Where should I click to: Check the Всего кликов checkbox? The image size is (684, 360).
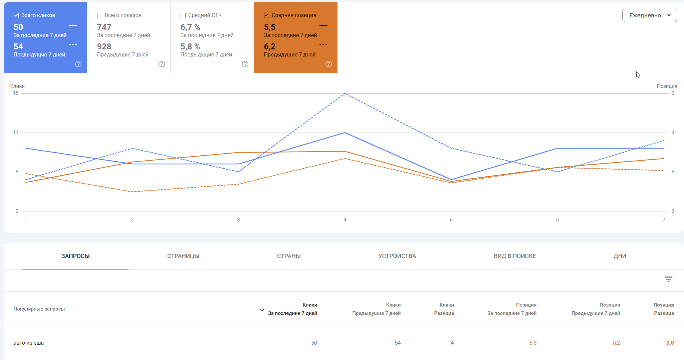click(16, 15)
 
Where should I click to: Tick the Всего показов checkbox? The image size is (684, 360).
click(99, 15)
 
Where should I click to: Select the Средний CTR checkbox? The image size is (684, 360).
click(183, 15)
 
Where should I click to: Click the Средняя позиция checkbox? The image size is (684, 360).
click(266, 15)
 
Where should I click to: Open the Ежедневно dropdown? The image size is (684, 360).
click(649, 15)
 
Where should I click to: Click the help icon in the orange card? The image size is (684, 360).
click(328, 64)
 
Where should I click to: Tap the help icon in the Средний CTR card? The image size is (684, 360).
click(245, 64)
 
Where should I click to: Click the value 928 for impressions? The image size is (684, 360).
click(104, 47)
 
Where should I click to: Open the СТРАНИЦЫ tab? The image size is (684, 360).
click(183, 256)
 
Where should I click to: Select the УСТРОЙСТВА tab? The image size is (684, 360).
click(397, 256)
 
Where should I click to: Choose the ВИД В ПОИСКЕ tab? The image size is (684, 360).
click(515, 256)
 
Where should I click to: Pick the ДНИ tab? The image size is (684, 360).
click(620, 256)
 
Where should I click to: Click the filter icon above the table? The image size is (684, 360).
click(668, 279)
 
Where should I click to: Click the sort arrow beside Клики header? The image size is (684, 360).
click(262, 310)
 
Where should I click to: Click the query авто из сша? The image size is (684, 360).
click(29, 343)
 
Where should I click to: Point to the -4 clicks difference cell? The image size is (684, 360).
click(451, 343)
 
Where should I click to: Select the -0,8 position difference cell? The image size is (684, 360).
click(669, 343)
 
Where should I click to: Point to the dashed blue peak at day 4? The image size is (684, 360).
click(345, 94)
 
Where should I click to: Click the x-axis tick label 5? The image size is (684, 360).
click(451, 220)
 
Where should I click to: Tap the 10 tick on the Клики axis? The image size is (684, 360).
click(16, 133)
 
